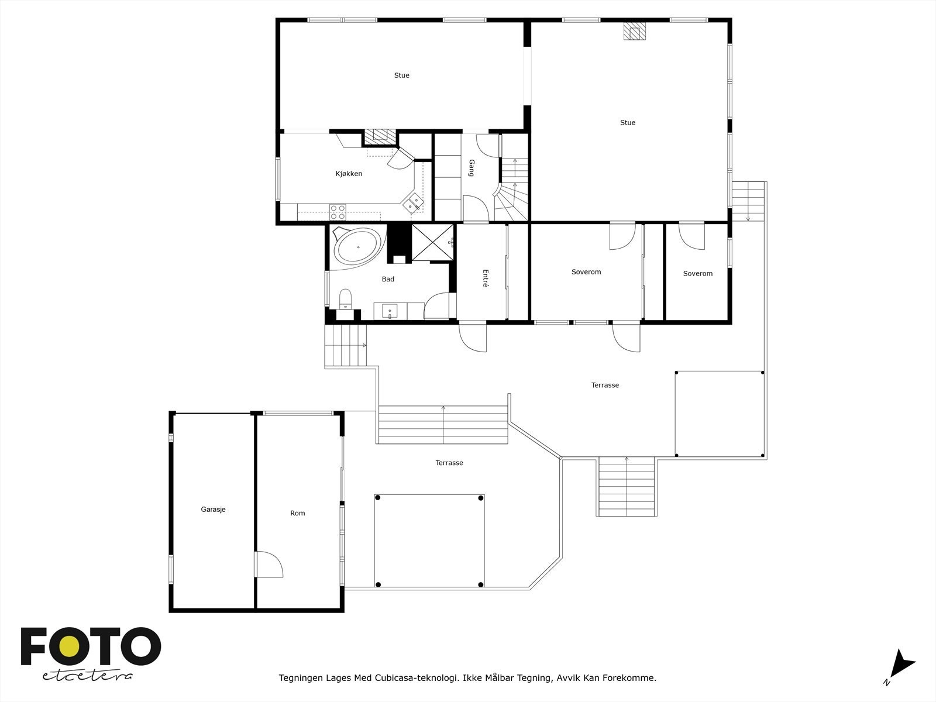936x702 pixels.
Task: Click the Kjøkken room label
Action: pos(349,174)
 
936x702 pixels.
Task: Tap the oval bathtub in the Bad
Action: pos(357,246)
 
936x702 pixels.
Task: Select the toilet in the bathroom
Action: pos(345,298)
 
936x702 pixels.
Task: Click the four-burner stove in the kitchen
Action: pos(338,211)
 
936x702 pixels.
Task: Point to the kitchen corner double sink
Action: pos(414,202)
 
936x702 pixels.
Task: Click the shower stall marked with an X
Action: pos(433,242)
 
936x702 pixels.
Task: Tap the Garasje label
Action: pos(213,510)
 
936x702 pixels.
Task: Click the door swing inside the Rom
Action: pos(269,564)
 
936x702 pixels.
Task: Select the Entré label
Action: pos(486,277)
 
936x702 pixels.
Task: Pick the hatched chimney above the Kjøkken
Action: pos(380,136)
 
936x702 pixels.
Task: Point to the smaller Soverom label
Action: pos(697,274)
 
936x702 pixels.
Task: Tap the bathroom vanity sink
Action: pos(390,312)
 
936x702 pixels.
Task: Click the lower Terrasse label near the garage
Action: pos(449,463)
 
